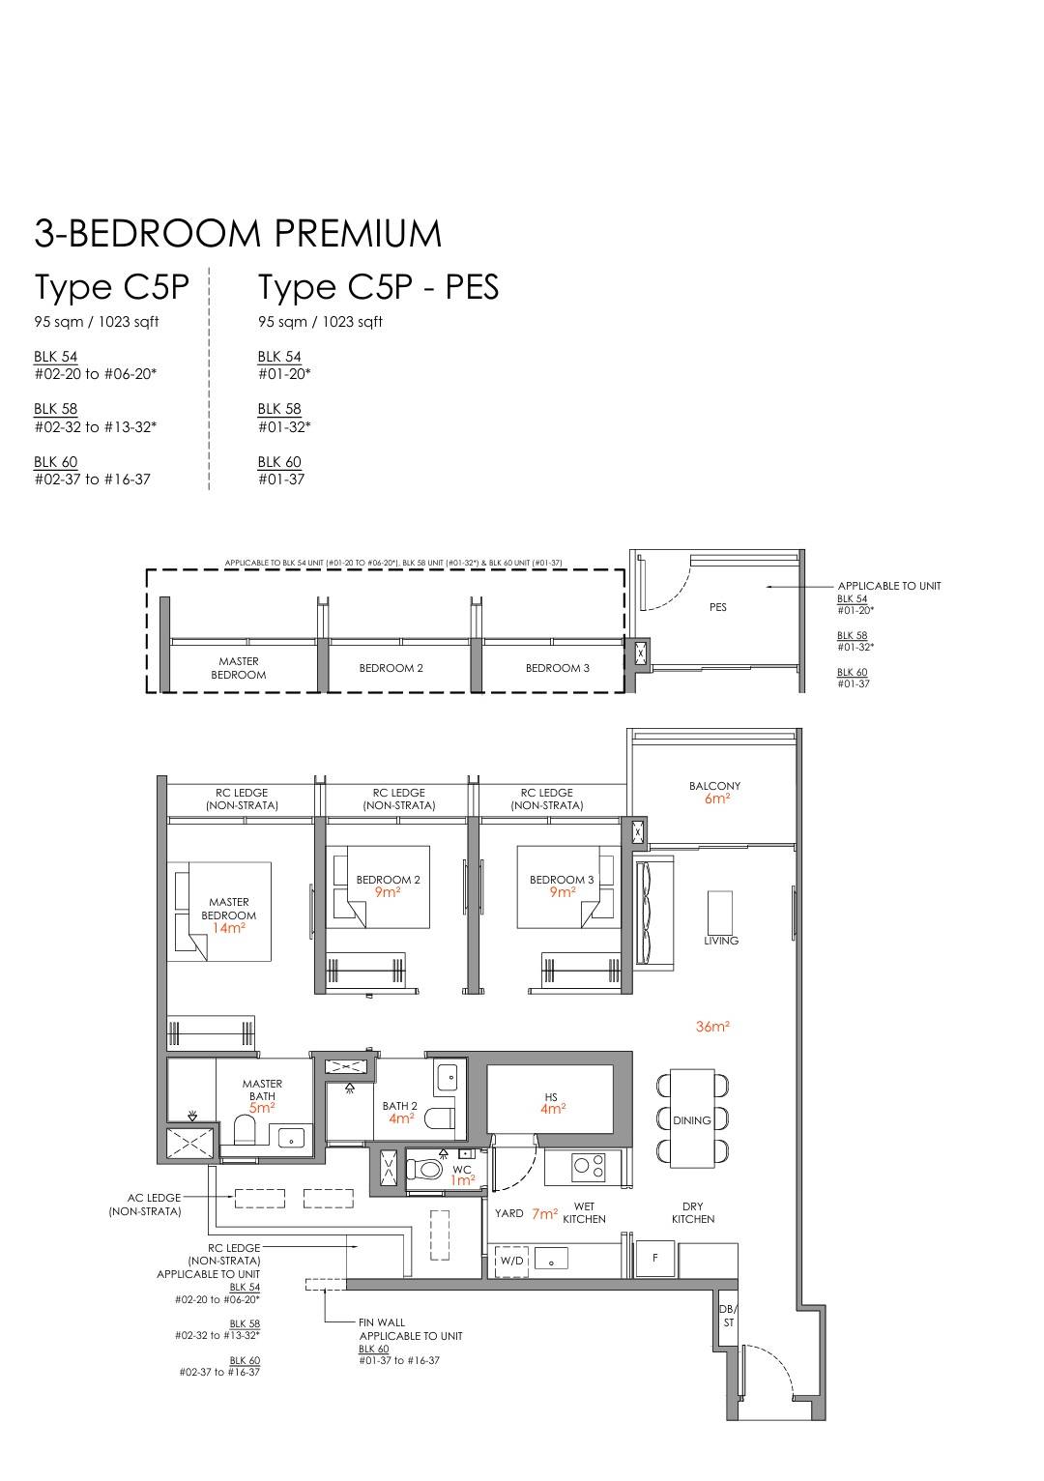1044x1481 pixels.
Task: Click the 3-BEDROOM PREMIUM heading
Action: click(238, 234)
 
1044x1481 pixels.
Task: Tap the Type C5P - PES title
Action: click(378, 288)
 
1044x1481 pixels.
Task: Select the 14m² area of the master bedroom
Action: click(229, 928)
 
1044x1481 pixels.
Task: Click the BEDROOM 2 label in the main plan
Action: click(388, 880)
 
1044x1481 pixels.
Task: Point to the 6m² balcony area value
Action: click(716, 799)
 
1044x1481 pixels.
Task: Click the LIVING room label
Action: click(721, 941)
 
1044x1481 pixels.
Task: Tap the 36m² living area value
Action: click(712, 1027)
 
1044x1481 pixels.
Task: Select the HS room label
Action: click(551, 1097)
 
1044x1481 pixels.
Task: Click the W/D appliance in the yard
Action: click(511, 1261)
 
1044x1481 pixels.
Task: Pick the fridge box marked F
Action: click(655, 1259)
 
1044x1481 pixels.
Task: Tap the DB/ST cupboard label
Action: click(728, 1316)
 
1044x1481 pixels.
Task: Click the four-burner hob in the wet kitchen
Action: click(588, 1167)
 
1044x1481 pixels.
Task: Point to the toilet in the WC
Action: click(423, 1169)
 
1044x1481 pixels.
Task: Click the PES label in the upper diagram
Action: click(717, 607)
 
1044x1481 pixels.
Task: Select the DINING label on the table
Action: click(692, 1120)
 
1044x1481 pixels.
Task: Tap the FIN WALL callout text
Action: click(382, 1322)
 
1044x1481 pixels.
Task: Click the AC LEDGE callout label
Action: click(154, 1198)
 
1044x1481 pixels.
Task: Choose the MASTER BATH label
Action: click(263, 1090)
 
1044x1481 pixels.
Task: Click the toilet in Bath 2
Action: click(439, 1119)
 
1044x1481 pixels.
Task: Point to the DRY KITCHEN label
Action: click(693, 1212)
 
